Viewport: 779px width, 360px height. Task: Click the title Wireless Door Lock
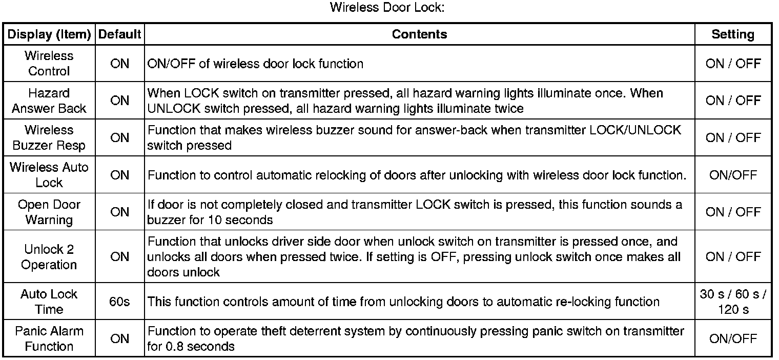pos(390,8)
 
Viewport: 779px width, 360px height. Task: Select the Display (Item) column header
pos(49,34)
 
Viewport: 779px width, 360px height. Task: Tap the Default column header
pos(119,34)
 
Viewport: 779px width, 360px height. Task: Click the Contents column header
pos(419,34)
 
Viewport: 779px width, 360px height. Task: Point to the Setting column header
pos(733,34)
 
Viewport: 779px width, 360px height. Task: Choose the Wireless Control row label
pos(49,64)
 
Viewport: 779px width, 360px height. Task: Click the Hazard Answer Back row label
pos(49,101)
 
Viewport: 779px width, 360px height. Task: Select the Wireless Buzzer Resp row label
pos(49,138)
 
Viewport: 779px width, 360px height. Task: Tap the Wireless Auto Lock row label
pos(49,175)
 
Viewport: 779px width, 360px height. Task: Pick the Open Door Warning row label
pos(49,212)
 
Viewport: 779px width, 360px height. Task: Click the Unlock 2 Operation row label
pos(49,257)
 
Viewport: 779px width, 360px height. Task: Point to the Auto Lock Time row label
pos(49,302)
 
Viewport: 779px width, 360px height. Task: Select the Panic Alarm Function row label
pos(49,338)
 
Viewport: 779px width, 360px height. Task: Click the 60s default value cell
pos(119,302)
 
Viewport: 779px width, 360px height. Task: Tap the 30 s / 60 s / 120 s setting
pos(733,302)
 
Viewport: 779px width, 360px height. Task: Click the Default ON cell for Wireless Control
pos(119,64)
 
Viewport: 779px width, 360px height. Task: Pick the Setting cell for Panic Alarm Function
pos(733,338)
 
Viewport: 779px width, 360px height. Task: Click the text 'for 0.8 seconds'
pos(191,346)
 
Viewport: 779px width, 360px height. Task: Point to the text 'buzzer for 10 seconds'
pos(210,220)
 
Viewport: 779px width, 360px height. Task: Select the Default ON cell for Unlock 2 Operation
pos(119,257)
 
